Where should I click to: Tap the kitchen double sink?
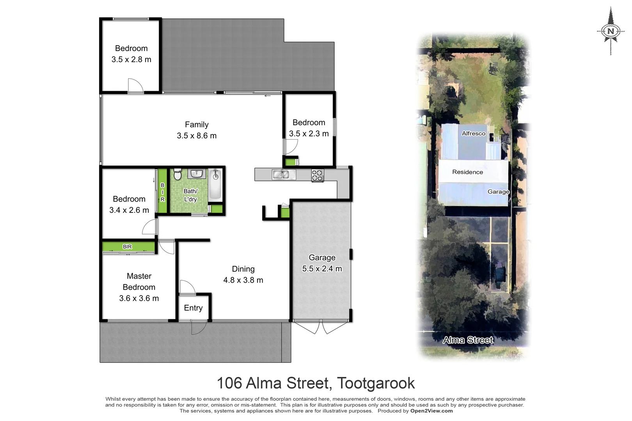(284, 174)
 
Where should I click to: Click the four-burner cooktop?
(318, 175)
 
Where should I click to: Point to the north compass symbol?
(611, 31)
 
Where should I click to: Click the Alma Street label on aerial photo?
(468, 340)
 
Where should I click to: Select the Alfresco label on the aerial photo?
(473, 133)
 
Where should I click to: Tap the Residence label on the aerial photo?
(467, 172)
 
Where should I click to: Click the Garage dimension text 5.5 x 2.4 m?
(322, 269)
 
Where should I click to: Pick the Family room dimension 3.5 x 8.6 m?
(197, 136)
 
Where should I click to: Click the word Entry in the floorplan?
(193, 308)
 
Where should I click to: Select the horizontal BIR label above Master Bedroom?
(127, 247)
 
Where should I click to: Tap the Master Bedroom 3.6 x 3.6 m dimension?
(139, 298)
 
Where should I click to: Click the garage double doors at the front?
(321, 327)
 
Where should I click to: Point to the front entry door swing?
(199, 327)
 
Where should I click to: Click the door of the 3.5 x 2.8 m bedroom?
(135, 86)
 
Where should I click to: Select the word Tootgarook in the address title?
(376, 383)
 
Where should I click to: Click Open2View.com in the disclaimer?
(431, 411)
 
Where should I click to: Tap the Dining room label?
(243, 269)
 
